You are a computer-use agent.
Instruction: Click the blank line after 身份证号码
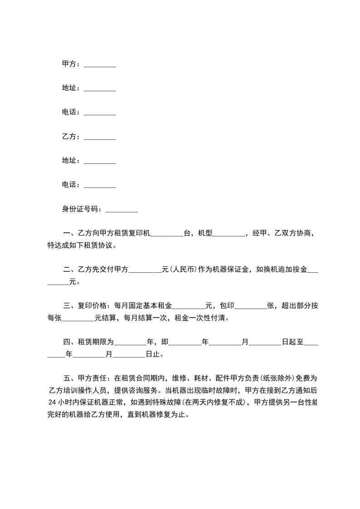121,210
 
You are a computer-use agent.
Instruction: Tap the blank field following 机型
228,235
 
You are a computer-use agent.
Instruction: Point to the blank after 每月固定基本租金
189,306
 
